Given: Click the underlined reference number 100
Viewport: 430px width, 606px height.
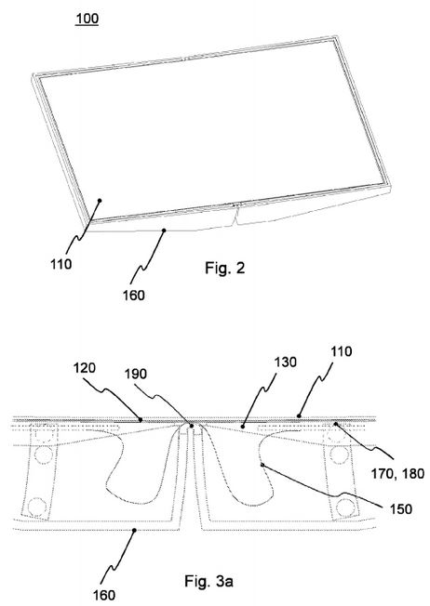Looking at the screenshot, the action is pos(87,19).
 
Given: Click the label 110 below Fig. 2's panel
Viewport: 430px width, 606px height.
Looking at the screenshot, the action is pos(61,264).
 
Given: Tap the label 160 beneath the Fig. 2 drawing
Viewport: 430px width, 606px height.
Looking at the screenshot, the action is pos(133,296).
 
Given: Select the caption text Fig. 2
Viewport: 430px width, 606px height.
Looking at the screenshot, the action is pos(225,268).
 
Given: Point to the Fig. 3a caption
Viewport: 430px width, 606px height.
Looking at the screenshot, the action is pos(209,581).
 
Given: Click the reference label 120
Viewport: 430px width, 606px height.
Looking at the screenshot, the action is pos(85,367).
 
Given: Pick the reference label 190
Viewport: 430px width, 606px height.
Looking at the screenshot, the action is pos(136,375).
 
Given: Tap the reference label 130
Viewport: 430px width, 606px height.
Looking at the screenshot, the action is pos(286,362).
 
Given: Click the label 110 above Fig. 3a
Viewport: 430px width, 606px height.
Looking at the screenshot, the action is pos(342,351).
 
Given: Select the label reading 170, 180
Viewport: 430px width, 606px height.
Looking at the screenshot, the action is pos(397,473).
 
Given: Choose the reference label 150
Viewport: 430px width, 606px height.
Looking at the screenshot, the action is pos(400,509).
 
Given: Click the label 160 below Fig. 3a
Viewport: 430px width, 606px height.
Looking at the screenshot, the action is pos(103,595).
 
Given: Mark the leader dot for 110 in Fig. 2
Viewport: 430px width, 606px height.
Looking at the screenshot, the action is pos(100,201).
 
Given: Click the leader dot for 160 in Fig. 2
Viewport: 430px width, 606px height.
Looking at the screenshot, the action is pos(164,231).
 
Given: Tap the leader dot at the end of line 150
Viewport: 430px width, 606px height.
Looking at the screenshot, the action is pos(262,465).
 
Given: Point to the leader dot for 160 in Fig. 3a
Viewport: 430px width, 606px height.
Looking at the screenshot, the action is pos(134,531).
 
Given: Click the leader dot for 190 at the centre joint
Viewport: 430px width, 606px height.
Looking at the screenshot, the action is pos(192,426).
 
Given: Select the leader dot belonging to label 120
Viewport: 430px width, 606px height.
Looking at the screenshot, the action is pos(141,419).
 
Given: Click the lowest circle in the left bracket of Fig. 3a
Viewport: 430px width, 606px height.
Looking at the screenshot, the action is pos(37,506).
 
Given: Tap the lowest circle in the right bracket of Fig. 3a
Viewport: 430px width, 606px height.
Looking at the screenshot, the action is pos(343,506).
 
